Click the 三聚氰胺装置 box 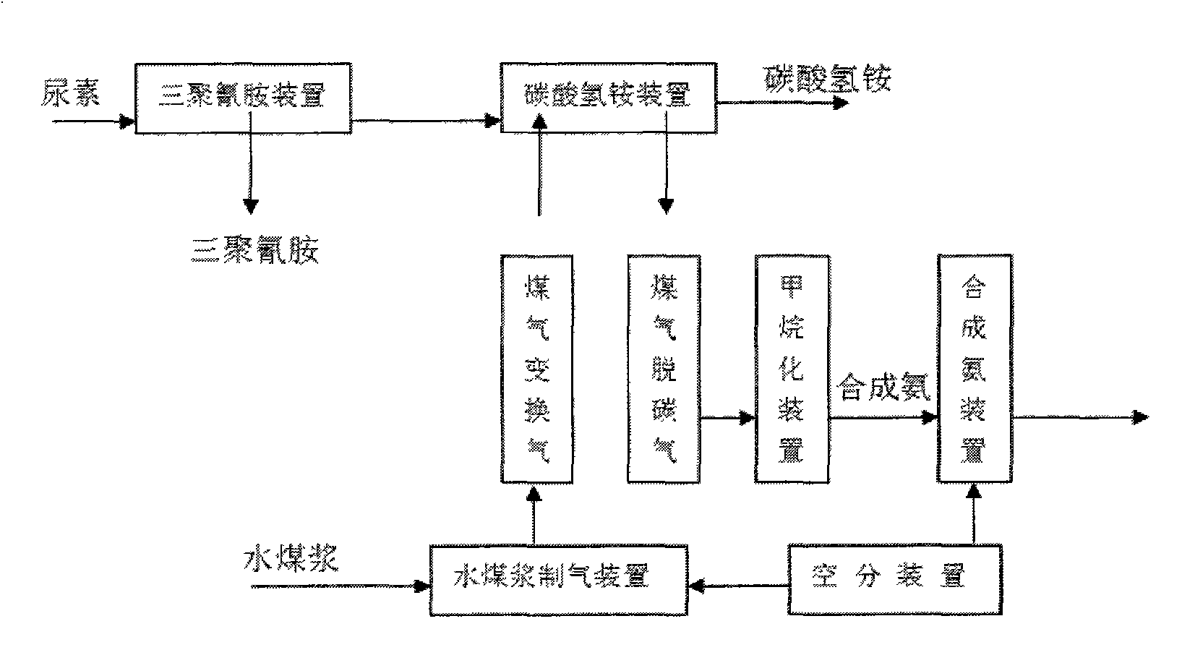coord(243,98)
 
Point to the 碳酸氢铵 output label coord(828,78)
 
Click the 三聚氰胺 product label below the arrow coord(254,251)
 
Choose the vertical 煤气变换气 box coord(537,369)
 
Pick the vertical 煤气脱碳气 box coord(663,369)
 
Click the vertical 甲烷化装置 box coord(791,369)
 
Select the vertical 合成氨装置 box coord(974,369)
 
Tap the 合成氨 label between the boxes coord(882,388)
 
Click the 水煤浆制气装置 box coord(557,580)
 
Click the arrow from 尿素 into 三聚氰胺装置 coord(94,122)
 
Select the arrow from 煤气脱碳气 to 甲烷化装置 coord(727,417)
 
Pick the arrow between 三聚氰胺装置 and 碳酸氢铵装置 coord(426,121)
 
